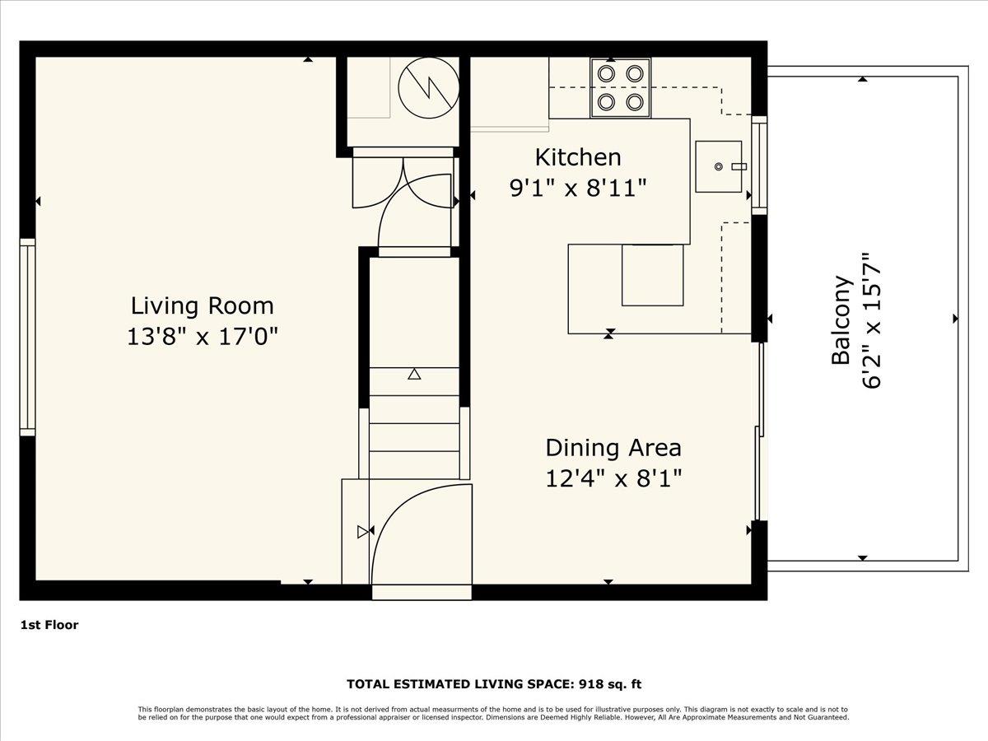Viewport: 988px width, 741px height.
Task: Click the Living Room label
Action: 202,305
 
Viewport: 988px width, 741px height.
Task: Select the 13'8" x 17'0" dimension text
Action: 202,337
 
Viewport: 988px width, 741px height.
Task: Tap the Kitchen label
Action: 577,156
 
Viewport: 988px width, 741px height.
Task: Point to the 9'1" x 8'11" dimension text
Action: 577,188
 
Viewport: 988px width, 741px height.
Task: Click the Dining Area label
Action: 613,448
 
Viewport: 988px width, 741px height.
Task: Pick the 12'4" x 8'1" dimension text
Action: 613,478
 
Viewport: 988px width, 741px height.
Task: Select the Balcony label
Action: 841,319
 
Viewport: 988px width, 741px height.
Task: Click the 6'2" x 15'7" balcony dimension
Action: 872,319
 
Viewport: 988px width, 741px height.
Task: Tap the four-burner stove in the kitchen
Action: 620,87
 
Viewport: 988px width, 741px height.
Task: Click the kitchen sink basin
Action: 719,166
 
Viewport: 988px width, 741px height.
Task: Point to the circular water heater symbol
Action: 427,87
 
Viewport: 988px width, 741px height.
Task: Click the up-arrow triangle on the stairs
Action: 414,374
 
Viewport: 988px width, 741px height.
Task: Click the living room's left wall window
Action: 27,336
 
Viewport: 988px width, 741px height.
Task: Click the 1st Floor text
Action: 49,625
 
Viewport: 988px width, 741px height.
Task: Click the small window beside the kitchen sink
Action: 759,165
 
